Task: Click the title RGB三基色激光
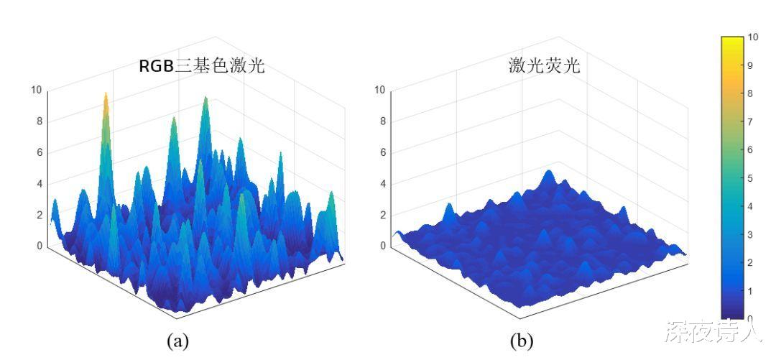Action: click(x=202, y=67)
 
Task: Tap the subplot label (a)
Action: click(x=177, y=341)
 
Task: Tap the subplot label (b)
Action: click(x=522, y=341)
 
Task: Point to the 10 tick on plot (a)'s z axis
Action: click(x=36, y=90)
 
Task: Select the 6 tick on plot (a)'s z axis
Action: click(x=39, y=152)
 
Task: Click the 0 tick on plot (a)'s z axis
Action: click(x=39, y=246)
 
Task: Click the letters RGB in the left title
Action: click(x=157, y=67)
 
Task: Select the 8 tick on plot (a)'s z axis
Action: click(x=39, y=121)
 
